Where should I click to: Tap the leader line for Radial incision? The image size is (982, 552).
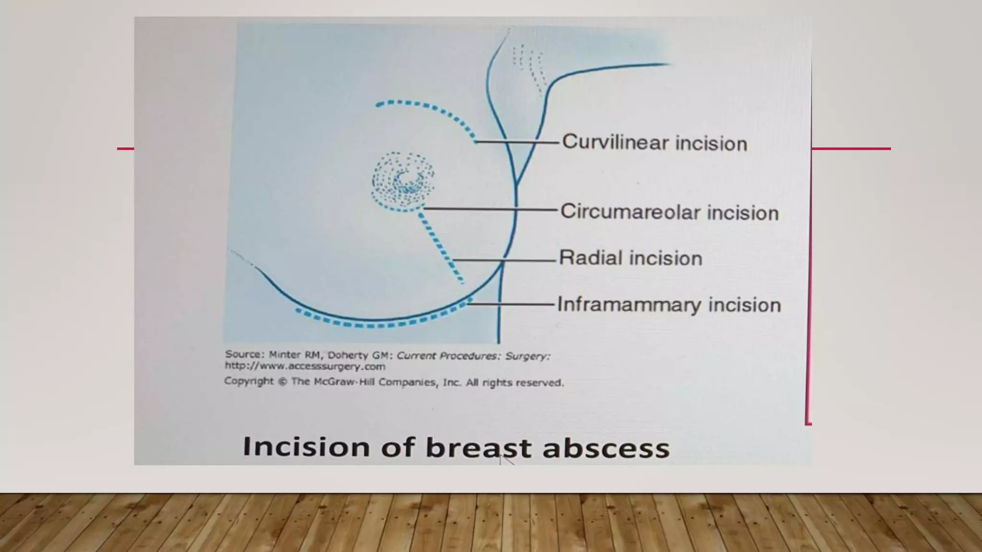[x=503, y=260]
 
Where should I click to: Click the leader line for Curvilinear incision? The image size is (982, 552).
[x=518, y=142]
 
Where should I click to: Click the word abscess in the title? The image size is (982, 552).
[x=606, y=448]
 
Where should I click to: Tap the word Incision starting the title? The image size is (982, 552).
[x=306, y=447]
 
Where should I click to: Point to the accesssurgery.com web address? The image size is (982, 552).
[x=305, y=367]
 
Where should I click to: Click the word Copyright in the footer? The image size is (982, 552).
[x=249, y=381]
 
